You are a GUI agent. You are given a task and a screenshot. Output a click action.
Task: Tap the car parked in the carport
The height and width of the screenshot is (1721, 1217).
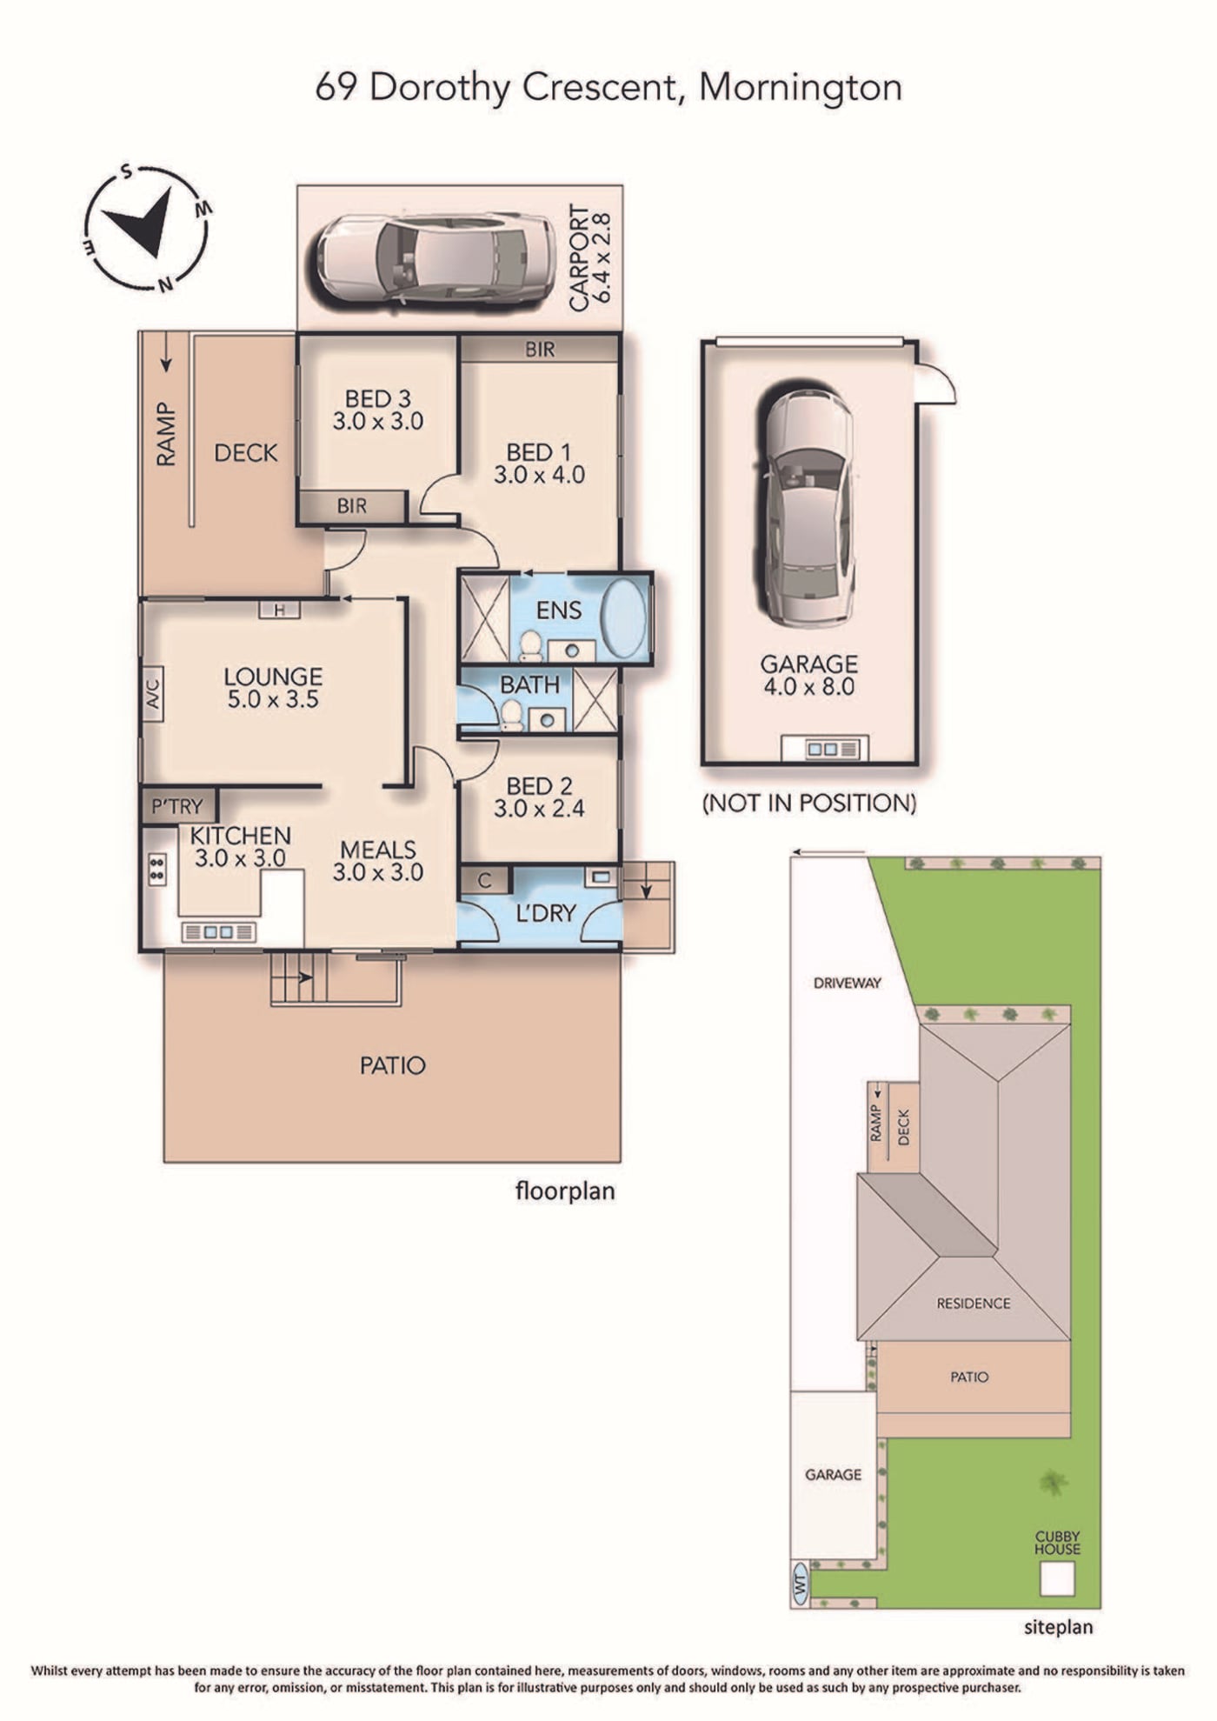coord(435,259)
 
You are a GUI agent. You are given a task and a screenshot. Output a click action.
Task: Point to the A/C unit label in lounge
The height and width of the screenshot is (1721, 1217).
coord(153,693)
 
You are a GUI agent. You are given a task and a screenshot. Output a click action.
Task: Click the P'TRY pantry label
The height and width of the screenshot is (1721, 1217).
coord(177,806)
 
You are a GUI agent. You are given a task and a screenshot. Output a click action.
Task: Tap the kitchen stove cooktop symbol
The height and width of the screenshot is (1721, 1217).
coord(157,869)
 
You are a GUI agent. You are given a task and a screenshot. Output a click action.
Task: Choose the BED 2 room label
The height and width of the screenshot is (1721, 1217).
coord(539,786)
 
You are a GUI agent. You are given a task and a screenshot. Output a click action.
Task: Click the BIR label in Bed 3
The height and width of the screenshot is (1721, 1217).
coord(352,506)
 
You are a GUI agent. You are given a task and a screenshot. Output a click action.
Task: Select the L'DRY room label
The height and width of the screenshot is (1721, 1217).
coord(546,913)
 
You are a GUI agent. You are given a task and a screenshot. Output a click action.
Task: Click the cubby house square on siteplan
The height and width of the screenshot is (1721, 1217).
coord(1057,1578)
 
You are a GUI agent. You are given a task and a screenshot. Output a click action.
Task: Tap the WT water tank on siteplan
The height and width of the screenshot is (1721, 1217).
coord(801,1583)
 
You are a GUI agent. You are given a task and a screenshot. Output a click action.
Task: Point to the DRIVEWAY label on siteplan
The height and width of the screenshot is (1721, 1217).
coord(848,984)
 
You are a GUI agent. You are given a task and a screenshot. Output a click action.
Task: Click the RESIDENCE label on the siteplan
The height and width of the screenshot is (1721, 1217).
coord(974,1304)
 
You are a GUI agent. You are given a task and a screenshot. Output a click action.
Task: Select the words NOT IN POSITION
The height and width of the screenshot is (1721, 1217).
coord(809,804)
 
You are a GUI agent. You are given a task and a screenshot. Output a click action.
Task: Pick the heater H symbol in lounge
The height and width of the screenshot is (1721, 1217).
coord(279,610)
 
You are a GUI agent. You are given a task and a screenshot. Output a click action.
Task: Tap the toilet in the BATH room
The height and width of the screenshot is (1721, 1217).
coord(512,716)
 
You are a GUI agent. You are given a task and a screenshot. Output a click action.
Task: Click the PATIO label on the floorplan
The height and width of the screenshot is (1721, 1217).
coord(393,1065)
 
